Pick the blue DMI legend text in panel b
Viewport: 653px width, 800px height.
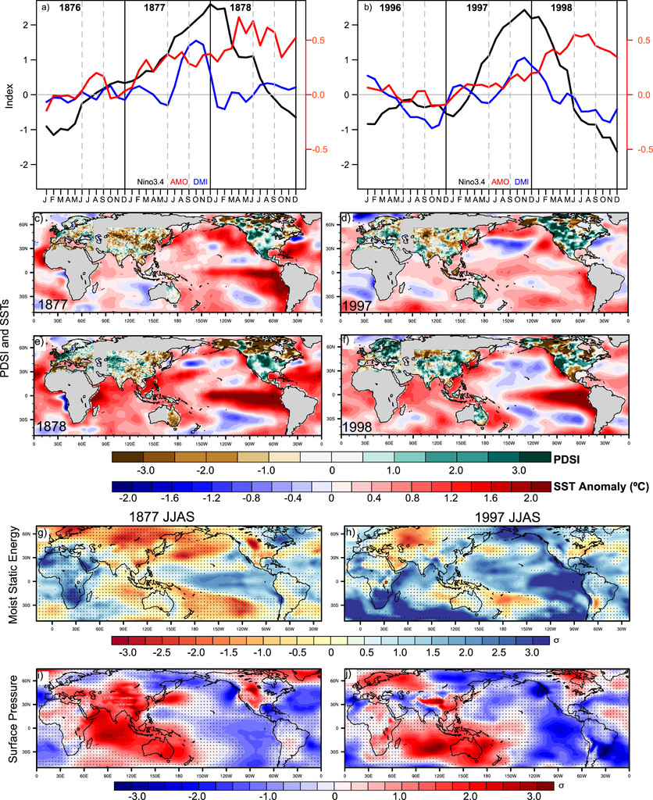coord(522,182)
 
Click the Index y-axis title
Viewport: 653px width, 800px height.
coord(9,95)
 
